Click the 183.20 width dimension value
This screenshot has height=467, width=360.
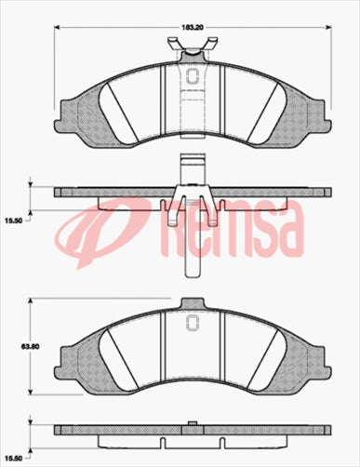tap(192, 29)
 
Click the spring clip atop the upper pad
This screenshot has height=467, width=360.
tap(193, 47)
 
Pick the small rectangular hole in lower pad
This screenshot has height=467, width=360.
tap(193, 323)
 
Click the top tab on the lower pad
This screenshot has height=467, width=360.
tap(193, 302)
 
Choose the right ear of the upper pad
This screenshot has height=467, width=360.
tap(321, 111)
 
